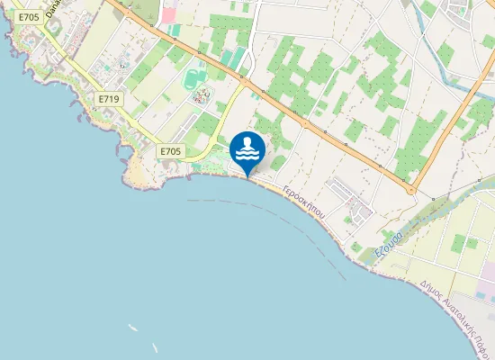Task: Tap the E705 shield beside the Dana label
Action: tap(28, 17)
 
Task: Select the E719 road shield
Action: tap(109, 98)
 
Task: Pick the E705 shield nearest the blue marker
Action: tap(169, 151)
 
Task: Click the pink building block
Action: tap(168, 15)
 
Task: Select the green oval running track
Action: tap(195, 80)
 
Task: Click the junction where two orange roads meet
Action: tap(411, 189)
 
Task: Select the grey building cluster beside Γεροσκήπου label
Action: tap(351, 202)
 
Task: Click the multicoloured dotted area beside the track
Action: tap(200, 96)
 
